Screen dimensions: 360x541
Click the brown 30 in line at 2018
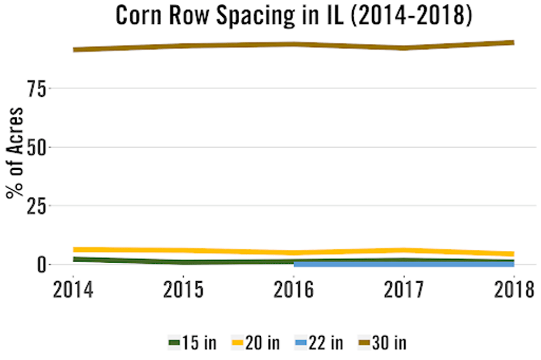[x=512, y=42]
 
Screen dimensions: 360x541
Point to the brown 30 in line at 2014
[x=75, y=50]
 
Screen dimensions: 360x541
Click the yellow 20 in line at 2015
[x=184, y=251]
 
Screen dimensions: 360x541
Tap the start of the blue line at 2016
[x=295, y=264]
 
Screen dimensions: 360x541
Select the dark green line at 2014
[x=75, y=259]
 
